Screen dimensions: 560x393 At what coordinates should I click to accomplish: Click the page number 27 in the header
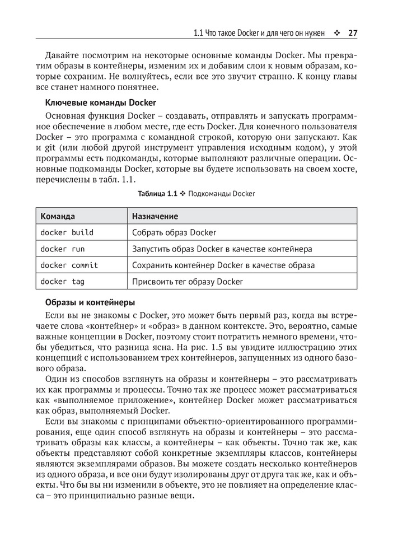click(352, 33)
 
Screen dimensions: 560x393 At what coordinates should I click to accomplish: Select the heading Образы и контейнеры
click(90, 302)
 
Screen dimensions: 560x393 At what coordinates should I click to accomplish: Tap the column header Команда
click(58, 216)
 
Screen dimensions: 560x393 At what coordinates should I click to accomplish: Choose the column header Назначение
click(155, 216)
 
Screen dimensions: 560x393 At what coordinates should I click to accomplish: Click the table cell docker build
click(67, 232)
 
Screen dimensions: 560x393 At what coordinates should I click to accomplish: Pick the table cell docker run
click(62, 249)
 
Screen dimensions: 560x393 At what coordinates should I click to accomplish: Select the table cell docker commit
click(69, 265)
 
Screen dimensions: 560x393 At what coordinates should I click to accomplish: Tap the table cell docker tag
click(62, 281)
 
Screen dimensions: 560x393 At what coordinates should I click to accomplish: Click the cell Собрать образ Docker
click(174, 232)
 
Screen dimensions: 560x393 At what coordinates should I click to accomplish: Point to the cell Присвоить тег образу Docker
click(188, 281)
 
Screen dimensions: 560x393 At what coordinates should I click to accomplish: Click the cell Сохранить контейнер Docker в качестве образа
click(223, 265)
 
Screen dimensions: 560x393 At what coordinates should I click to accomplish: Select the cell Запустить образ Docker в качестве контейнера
click(222, 249)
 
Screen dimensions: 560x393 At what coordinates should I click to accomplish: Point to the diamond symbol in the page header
click(337, 33)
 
